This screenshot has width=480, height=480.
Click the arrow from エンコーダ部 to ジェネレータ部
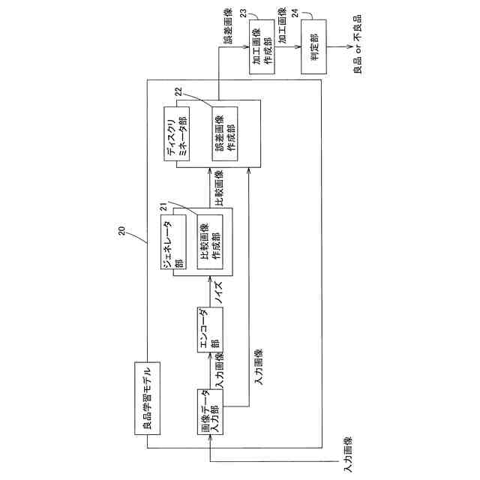[x=208, y=294]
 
